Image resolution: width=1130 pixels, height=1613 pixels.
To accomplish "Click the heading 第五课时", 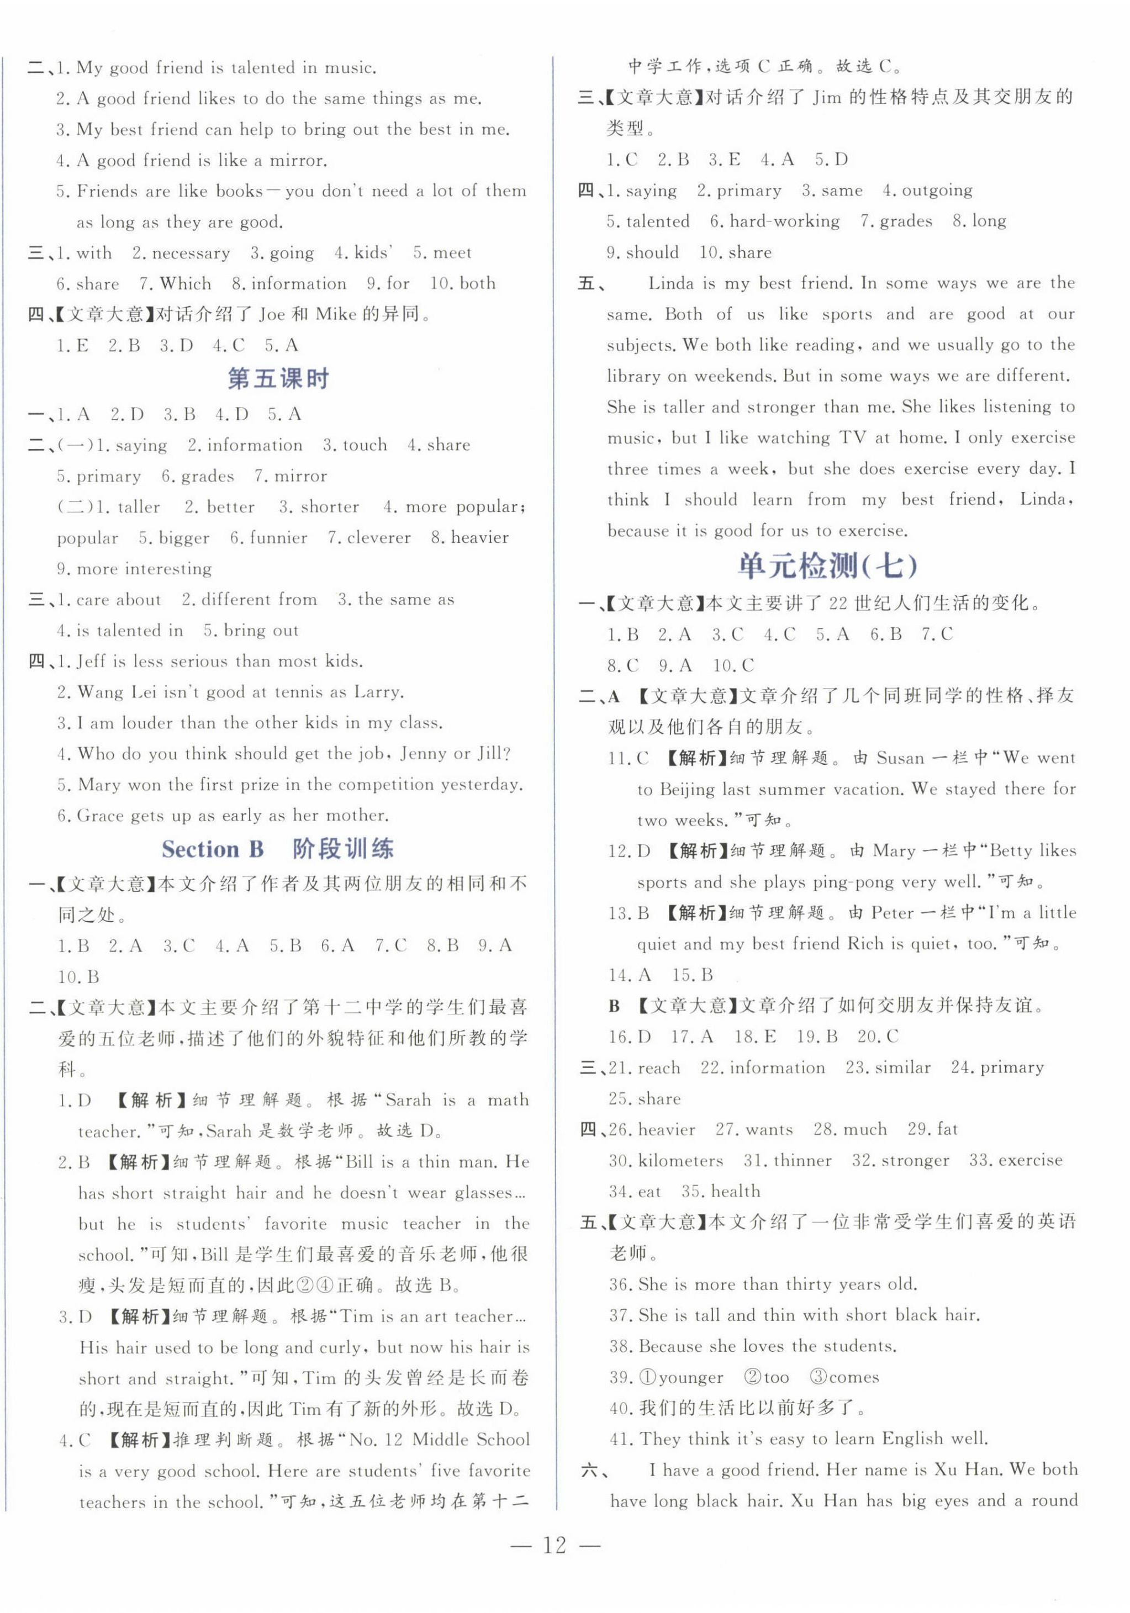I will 278,379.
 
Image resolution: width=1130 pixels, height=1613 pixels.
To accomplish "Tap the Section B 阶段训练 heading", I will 278,849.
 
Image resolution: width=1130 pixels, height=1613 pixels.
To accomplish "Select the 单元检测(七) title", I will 827,565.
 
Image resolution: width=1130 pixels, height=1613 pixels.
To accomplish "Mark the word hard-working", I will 784,221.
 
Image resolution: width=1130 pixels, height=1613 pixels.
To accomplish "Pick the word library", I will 634,377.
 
